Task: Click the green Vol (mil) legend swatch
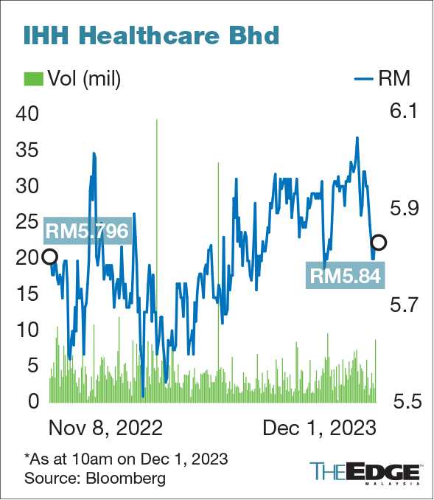(32, 77)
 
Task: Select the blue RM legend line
(366, 77)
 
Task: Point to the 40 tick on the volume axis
(27, 114)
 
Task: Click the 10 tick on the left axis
(27, 330)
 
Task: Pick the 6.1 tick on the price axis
(403, 112)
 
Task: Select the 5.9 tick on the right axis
(403, 208)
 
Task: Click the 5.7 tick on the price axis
(403, 305)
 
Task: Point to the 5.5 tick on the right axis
(403, 402)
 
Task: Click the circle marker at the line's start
(49, 257)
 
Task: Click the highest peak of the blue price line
(357, 138)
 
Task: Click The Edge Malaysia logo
(365, 472)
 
